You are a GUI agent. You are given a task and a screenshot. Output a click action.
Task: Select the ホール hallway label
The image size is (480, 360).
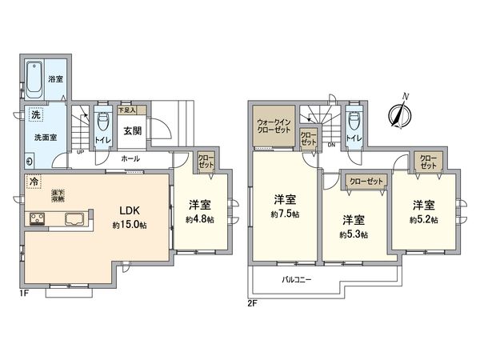click(x=131, y=159)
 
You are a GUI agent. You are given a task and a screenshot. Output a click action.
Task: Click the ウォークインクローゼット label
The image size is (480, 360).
click(x=273, y=126)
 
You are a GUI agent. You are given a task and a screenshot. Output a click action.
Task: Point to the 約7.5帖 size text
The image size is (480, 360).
click(x=285, y=215)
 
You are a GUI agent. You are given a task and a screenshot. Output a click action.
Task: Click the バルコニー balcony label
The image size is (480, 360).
click(x=297, y=280)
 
